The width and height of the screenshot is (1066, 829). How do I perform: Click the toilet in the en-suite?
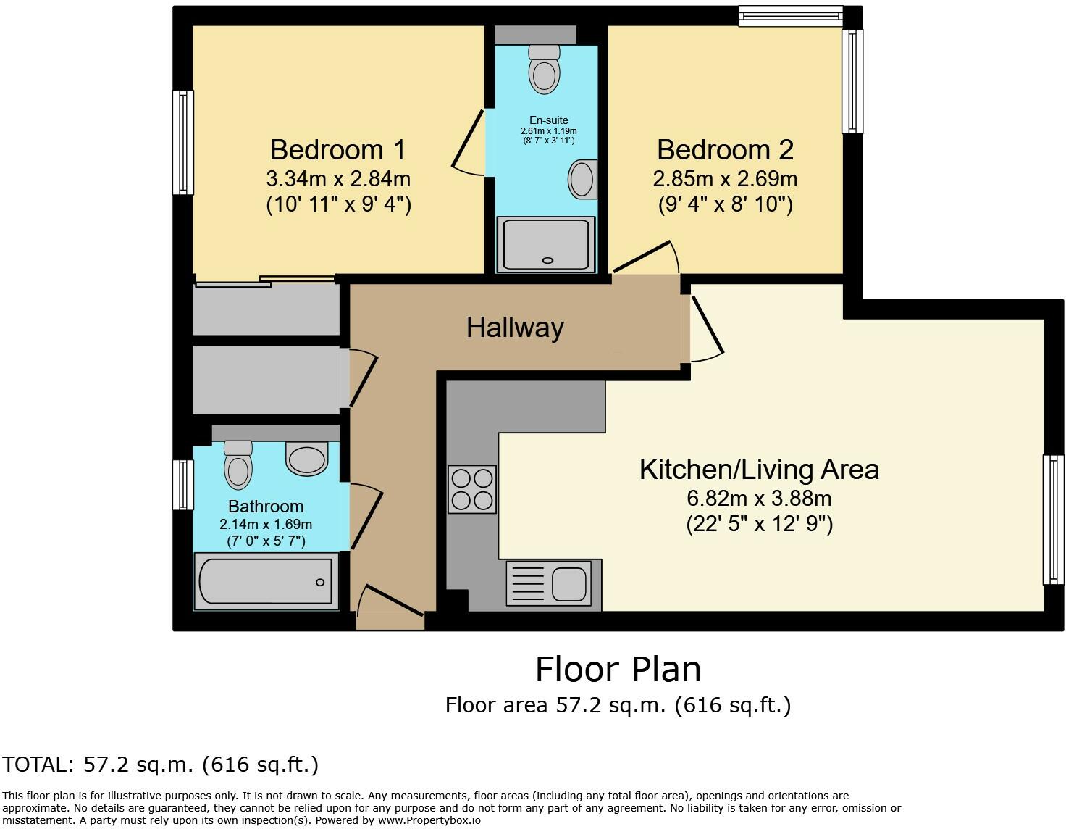545,69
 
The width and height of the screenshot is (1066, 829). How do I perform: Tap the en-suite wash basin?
582,179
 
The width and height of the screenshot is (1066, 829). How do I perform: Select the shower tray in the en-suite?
546,244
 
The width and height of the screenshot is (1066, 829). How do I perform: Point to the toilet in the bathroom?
238,465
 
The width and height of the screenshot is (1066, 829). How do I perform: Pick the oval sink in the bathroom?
307,459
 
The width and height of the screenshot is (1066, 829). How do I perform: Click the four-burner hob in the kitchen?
472,489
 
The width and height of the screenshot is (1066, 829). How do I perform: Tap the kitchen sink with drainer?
554,583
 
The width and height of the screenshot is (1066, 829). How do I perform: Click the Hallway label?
515,328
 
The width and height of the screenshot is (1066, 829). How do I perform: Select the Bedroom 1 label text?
338,150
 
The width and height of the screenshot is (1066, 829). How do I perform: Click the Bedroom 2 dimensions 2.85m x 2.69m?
725,178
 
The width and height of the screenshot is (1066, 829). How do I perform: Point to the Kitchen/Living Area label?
759,470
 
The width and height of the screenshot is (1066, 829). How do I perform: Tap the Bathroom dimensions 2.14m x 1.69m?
266,524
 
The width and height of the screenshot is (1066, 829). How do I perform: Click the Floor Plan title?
618,669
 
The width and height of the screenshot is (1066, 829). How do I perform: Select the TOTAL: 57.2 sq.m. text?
159,764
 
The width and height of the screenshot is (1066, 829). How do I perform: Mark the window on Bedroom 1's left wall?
182,143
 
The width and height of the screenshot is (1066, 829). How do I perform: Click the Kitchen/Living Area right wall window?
1053,519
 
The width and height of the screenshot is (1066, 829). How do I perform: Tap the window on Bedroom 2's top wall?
790,16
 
